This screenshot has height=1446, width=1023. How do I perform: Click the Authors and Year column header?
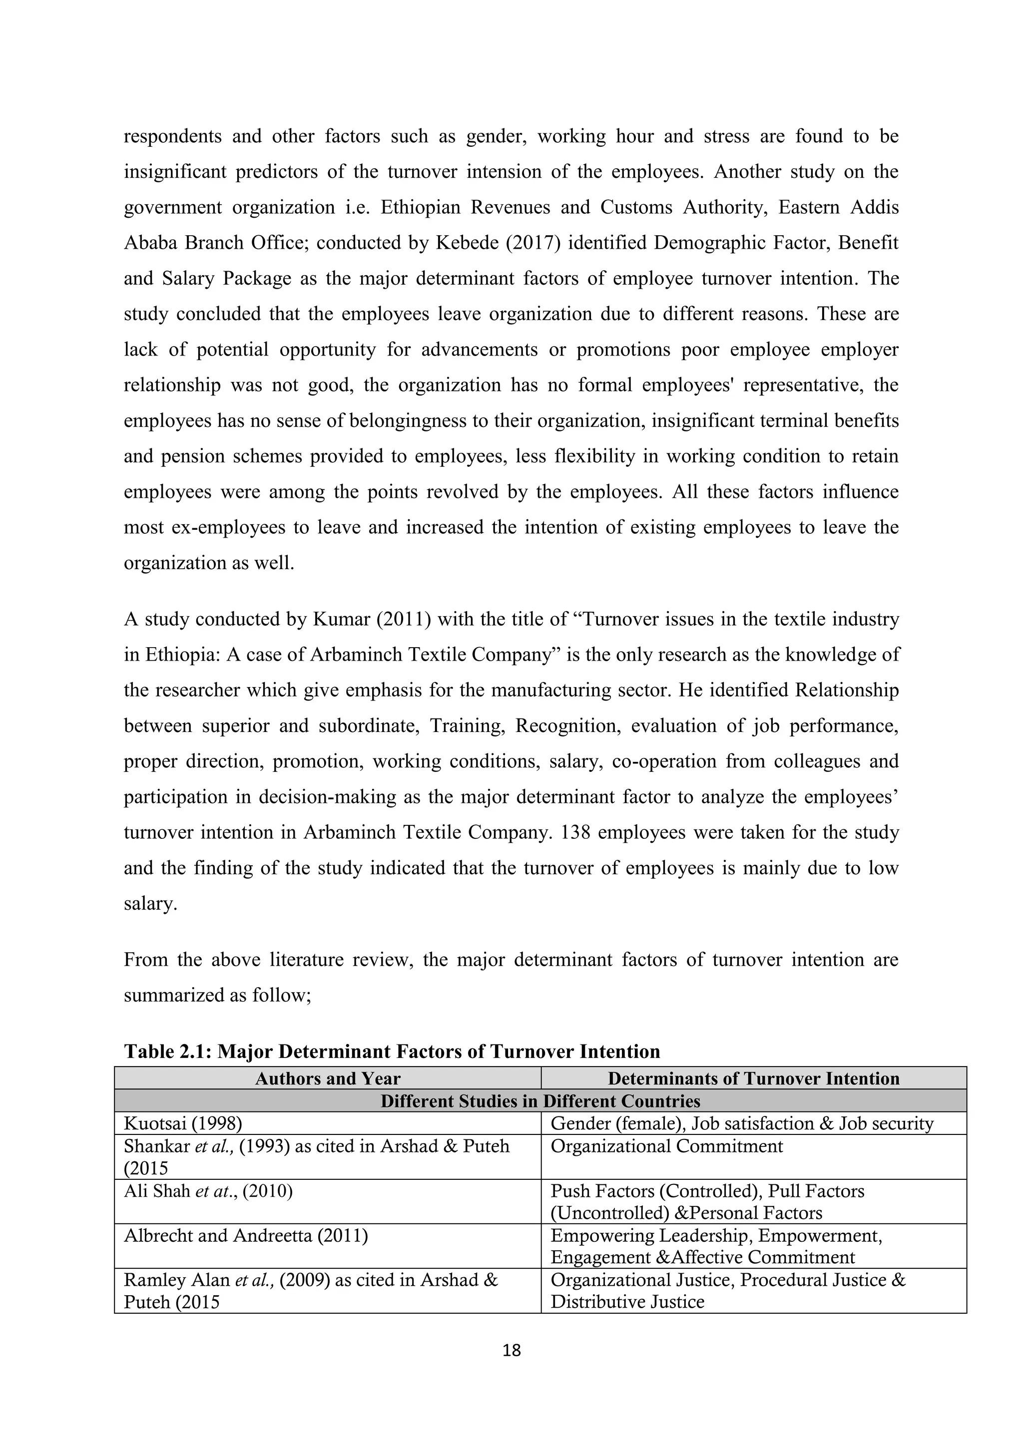[x=328, y=1079]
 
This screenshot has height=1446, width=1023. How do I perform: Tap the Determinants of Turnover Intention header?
[x=753, y=1079]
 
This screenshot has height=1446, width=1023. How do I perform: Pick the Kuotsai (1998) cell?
[x=183, y=1123]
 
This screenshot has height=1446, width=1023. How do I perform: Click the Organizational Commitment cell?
[x=666, y=1146]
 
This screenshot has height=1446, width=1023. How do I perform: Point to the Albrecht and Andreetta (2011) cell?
[x=246, y=1236]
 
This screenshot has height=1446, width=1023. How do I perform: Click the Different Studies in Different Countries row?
[x=540, y=1101]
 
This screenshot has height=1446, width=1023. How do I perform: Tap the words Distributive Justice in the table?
[x=627, y=1302]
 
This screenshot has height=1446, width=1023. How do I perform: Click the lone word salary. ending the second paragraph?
[x=150, y=904]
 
